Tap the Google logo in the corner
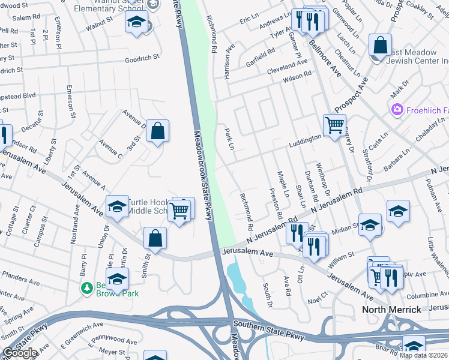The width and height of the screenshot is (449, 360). coord(20,353)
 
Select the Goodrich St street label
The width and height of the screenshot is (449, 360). coord(142,58)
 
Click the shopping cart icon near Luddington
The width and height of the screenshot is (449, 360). coord(334,125)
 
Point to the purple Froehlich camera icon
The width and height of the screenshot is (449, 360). coord(396,109)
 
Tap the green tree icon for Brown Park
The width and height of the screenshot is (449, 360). coord(87,289)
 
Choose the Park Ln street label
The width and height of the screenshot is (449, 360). coord(229,139)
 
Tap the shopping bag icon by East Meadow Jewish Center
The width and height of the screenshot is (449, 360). coord(380,45)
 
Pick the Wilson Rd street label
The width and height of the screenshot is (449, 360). coord(298,76)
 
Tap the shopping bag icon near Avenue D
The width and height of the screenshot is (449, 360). coord(157,130)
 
